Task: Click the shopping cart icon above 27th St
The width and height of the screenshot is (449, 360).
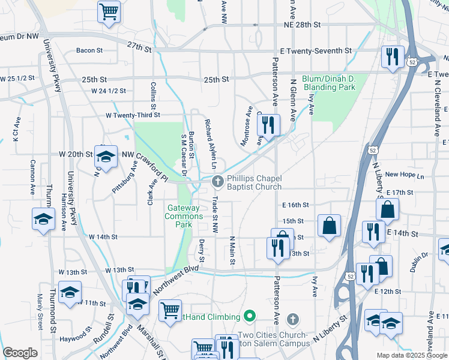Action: coord(109,11)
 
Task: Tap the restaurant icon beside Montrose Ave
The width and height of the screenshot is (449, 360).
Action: coord(268,125)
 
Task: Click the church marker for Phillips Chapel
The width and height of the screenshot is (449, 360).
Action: coord(218,181)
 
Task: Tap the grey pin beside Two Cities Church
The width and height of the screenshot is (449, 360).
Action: coord(292,318)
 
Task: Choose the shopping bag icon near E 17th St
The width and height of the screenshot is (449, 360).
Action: coord(388,209)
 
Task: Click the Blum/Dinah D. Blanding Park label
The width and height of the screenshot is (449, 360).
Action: coord(321,83)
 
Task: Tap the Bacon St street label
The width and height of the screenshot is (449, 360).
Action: coord(88,50)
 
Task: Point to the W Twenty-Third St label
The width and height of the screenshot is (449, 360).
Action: coord(133,115)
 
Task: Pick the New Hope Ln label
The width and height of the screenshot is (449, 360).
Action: coord(404,175)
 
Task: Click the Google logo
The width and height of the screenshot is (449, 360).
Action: coord(20,353)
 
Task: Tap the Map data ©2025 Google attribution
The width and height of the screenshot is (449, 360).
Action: coord(411,355)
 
